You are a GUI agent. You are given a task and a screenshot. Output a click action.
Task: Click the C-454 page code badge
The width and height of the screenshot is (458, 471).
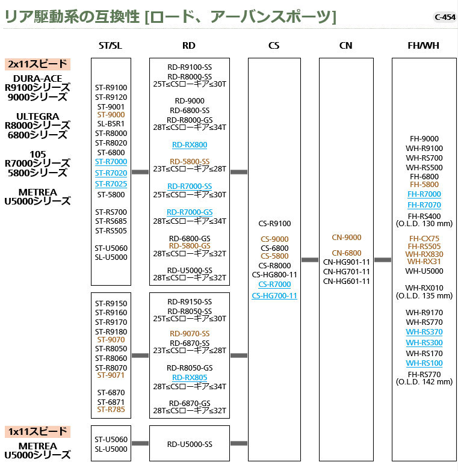point(444,17)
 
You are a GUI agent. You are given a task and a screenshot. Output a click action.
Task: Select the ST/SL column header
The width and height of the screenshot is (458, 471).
point(111,45)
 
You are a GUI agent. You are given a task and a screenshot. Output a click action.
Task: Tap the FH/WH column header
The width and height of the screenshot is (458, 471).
point(424,45)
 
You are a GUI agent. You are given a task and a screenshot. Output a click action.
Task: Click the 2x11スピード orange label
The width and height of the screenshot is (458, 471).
point(39,64)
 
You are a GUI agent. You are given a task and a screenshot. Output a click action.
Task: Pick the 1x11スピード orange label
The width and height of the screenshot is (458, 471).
point(39,431)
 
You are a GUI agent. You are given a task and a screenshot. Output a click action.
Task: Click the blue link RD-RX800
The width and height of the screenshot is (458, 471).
point(189,144)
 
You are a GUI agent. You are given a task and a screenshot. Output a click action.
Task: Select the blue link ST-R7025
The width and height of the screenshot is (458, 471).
point(111,183)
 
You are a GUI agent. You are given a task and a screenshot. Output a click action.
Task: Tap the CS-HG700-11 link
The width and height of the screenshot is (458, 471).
point(274,295)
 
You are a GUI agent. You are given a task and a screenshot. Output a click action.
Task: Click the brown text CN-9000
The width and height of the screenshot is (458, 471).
point(346,237)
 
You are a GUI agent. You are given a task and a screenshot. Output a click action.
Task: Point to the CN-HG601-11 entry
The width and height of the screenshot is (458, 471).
point(346,281)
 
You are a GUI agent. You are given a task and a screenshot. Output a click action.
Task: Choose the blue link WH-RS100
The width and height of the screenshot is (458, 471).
point(424,363)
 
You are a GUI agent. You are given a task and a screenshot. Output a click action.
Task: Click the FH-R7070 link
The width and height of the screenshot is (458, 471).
point(424,205)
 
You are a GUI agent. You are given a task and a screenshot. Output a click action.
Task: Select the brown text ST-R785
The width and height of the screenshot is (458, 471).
point(111,409)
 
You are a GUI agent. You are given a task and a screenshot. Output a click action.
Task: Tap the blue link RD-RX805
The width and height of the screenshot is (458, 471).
point(189,377)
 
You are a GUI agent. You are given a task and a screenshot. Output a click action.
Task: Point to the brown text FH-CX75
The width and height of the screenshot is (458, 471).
point(424,238)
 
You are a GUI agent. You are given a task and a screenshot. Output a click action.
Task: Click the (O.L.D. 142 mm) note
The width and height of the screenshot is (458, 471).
point(424,381)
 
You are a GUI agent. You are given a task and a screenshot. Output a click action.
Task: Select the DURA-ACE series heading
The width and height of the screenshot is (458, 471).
point(39,78)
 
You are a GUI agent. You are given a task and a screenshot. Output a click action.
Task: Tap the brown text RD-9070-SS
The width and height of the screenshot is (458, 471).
point(189,333)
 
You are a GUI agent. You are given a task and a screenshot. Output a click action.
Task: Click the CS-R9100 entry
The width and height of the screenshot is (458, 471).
point(274,224)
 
